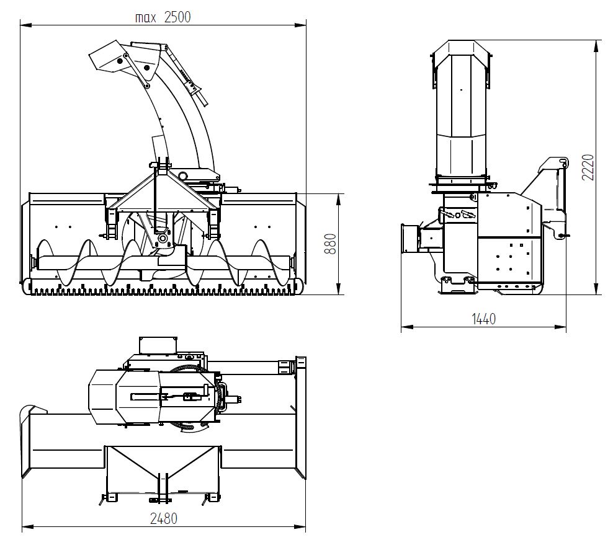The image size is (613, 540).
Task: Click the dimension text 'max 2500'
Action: pos(163,17)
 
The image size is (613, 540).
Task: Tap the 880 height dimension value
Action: pos(331,244)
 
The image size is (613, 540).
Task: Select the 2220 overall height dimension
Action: pos(588,167)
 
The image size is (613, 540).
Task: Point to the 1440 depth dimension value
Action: pos(483,319)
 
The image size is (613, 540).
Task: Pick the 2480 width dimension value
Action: pos(164,518)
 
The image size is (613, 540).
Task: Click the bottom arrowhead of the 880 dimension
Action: pos(339,289)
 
